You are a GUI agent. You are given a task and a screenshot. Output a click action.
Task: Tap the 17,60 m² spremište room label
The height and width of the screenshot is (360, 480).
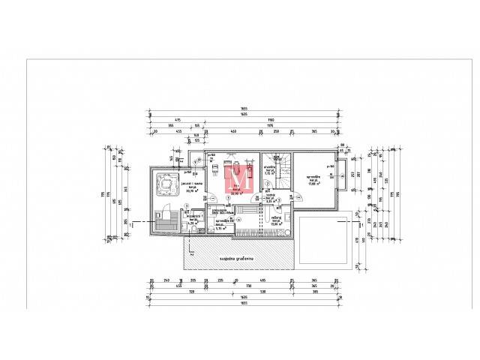click(x=315, y=179)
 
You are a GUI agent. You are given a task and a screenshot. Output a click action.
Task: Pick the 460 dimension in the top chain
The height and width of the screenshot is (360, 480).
click(x=233, y=131)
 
